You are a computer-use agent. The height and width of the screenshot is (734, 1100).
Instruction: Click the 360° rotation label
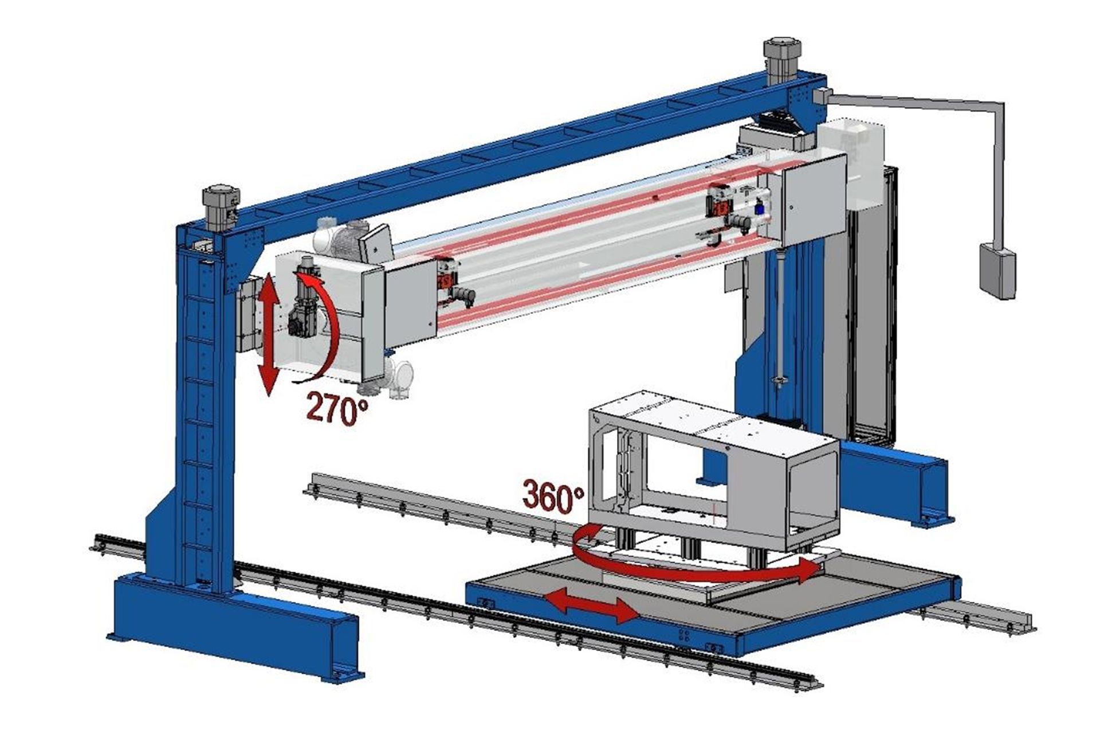coord(553,497)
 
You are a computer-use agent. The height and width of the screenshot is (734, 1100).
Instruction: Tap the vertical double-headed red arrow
coord(268,334)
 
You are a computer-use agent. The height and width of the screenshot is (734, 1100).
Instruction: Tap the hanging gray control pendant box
coord(996,270)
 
